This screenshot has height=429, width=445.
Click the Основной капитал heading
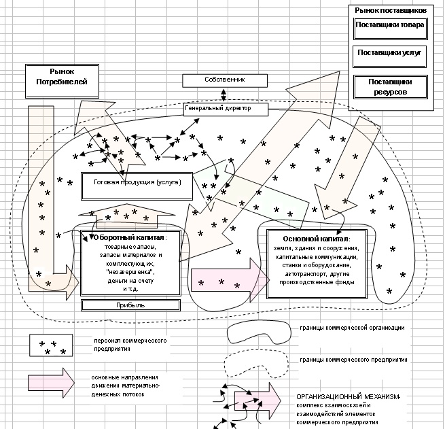pos(316,239)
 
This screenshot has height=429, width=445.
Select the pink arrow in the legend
pos(52,385)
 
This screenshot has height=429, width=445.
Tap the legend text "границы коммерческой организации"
pos(352,328)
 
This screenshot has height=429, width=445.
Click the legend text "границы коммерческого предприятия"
pos(352,358)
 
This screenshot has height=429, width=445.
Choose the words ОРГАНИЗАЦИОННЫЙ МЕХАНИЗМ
pos(348,396)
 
